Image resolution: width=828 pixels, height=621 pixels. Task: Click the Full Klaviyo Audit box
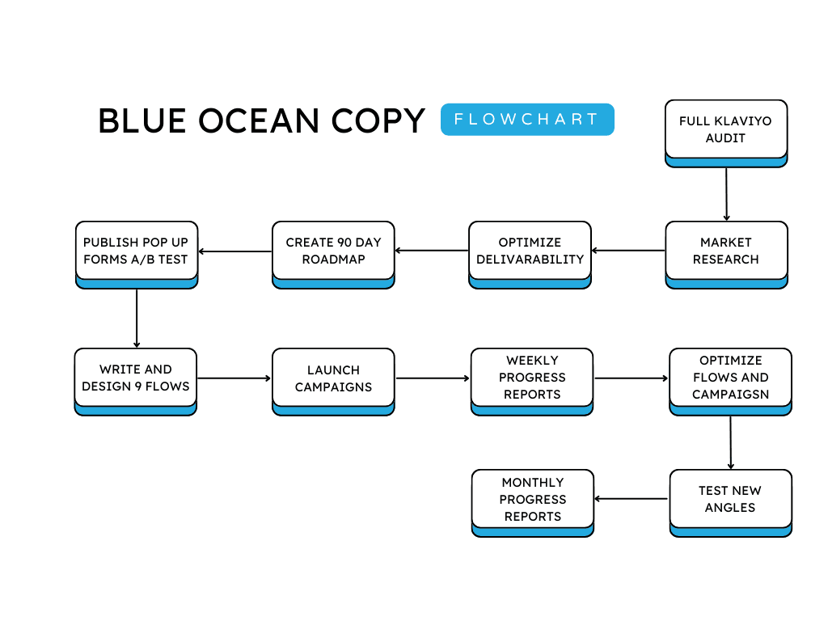tap(725, 129)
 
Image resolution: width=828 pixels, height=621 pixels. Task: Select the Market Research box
tap(725, 251)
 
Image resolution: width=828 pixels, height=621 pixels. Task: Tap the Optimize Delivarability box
tap(530, 251)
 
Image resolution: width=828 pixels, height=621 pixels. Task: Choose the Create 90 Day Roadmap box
tap(333, 251)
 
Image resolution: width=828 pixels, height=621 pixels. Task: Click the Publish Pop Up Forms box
tap(136, 251)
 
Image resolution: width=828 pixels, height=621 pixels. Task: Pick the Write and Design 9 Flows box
tap(136, 378)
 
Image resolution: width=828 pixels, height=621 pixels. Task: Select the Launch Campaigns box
tap(333, 378)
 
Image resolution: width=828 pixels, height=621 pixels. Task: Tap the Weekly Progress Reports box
tap(531, 378)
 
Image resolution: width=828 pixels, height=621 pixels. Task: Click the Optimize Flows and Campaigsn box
tap(730, 378)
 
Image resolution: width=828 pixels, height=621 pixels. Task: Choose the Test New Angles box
tap(730, 499)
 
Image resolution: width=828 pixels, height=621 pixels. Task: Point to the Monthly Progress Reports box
tap(532, 499)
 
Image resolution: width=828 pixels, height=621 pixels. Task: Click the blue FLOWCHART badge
tap(527, 119)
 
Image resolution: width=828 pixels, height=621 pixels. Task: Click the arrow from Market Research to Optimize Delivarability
tap(628, 251)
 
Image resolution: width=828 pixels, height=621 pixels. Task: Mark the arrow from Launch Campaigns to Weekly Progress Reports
tap(433, 378)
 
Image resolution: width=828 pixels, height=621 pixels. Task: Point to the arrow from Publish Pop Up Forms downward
tap(137, 318)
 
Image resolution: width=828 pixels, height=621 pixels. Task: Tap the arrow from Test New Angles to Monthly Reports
tap(632, 499)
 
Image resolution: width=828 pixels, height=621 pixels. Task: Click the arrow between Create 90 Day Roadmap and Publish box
tap(235, 251)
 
